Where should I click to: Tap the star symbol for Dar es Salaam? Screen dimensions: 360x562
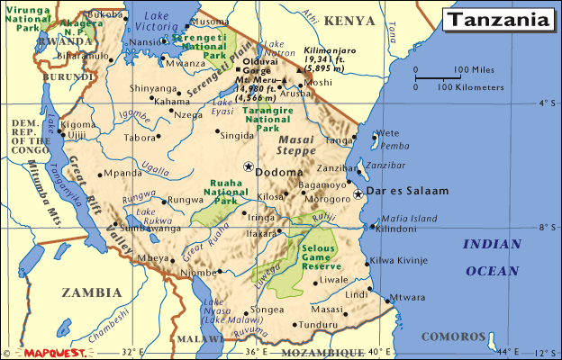pos(358,193)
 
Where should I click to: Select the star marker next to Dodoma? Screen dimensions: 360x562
pos(248,166)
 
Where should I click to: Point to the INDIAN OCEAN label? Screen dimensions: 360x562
pos(491,256)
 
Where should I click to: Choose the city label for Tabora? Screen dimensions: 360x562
pos(140,138)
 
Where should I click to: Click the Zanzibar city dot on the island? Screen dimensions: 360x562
pos(358,167)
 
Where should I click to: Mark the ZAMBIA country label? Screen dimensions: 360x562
pos(90,292)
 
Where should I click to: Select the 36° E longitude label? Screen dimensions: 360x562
pos(257,352)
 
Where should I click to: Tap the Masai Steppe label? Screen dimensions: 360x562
pos(297,147)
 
